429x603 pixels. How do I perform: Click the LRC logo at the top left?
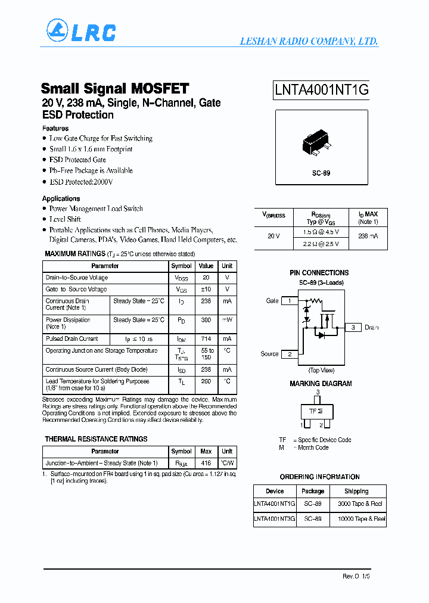81,32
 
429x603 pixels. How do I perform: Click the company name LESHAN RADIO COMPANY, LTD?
309,42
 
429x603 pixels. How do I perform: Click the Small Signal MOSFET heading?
115,89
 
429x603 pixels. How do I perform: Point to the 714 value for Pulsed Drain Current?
206,339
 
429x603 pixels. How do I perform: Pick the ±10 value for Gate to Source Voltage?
206,290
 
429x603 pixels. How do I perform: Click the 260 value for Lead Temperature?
206,381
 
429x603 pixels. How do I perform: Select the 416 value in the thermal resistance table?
206,463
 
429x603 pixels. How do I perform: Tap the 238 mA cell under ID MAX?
368,237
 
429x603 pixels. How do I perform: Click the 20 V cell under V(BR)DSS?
273,237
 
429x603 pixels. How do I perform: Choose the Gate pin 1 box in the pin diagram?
290,301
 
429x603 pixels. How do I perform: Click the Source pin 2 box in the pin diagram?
290,354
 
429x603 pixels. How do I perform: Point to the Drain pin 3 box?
353,327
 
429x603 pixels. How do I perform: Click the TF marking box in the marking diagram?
316,411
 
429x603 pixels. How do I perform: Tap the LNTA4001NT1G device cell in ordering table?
275,504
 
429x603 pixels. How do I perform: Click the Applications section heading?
61,198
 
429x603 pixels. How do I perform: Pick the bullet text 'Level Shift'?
65,219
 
